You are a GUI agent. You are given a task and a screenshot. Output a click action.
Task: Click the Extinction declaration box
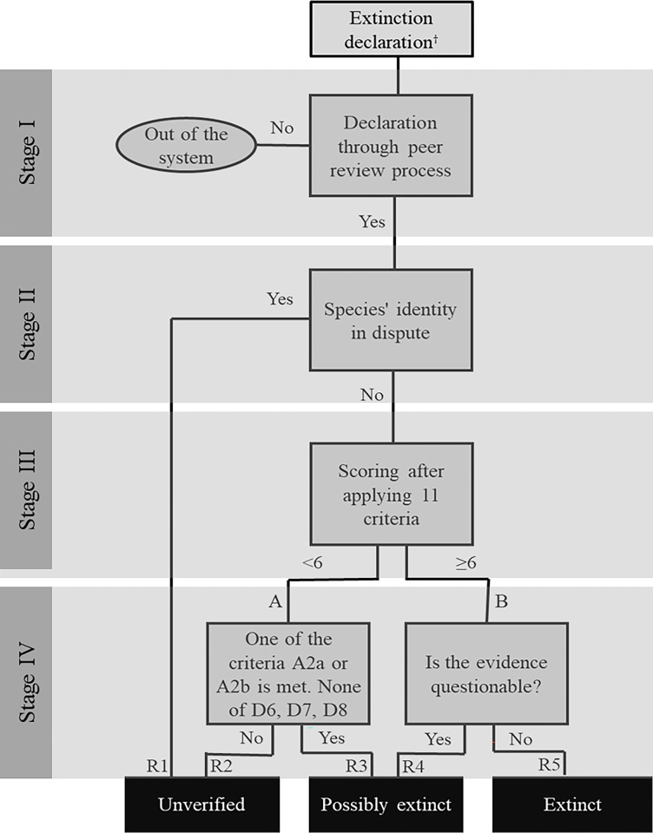tap(392, 30)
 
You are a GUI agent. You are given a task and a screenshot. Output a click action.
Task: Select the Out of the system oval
tap(186, 145)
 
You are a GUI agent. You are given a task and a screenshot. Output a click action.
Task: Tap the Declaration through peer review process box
tap(391, 146)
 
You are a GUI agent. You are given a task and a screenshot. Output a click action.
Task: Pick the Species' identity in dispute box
tap(391, 320)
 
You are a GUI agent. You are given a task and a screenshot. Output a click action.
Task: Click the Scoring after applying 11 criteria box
tap(392, 494)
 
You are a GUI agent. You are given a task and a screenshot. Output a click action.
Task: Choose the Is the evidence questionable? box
tap(486, 673)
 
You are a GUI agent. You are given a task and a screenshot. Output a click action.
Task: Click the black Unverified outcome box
tap(202, 804)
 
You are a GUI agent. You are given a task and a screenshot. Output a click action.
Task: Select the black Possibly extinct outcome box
tap(386, 804)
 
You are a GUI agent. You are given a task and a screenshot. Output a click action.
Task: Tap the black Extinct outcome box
tap(572, 804)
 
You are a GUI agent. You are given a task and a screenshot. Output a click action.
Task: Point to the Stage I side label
tap(27, 153)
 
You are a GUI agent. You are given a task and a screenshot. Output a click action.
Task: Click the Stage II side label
tap(27, 324)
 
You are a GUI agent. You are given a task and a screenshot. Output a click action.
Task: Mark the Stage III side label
tap(27, 489)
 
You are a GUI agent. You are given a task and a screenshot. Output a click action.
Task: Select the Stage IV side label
tap(27, 683)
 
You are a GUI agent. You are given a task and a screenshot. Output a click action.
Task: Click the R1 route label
tap(157, 765)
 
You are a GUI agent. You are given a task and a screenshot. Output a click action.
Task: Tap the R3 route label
tap(356, 765)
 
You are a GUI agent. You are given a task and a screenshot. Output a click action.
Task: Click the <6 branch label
tap(312, 562)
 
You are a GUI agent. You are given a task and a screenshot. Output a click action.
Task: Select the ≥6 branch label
tap(465, 562)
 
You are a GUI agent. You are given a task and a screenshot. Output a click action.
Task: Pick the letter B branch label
tap(501, 600)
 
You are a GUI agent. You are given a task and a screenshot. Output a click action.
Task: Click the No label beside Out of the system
tap(282, 128)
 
